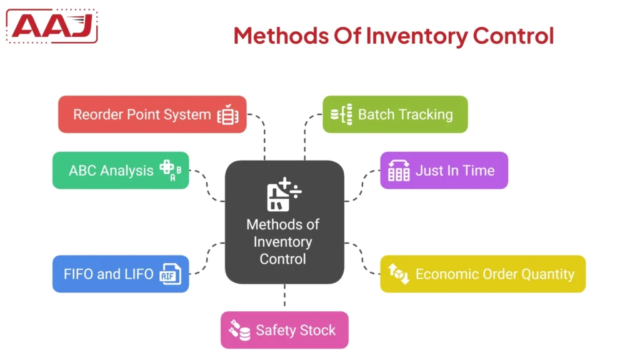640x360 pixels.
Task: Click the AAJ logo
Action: (52, 26)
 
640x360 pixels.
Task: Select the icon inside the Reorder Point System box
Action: (228, 115)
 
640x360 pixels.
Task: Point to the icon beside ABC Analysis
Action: (170, 171)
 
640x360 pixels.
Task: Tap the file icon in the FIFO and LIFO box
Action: (170, 274)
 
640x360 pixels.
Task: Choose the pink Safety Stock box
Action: (284, 330)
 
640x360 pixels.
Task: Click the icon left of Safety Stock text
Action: (240, 330)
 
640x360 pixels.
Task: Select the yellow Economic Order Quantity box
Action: (482, 274)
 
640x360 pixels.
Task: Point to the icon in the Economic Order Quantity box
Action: (399, 274)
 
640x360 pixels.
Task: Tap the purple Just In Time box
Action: (444, 171)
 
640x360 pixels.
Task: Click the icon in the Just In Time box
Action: (399, 171)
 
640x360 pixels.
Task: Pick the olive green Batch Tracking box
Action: (395, 114)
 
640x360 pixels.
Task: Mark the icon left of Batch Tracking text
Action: (341, 114)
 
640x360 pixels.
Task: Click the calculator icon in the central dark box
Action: (283, 194)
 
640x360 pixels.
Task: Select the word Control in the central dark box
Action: (283, 259)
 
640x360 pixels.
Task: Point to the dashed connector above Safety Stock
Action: (284, 297)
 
